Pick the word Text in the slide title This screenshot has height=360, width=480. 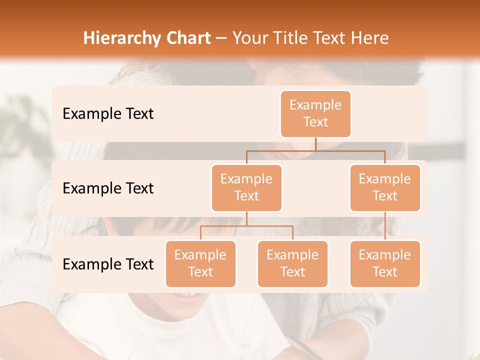coord(330,38)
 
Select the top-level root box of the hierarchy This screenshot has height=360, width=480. coord(315,113)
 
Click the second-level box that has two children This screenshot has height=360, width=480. coord(246,187)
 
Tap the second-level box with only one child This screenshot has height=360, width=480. coord(385,187)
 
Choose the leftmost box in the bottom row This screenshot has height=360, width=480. coord(200,263)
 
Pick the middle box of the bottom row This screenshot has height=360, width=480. coord(292,263)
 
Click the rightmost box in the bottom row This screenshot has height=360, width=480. coord(385,263)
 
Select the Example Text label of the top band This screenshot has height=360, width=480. coord(108,113)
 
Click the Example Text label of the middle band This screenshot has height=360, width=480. coord(108,188)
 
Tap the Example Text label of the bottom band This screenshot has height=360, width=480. coord(108,264)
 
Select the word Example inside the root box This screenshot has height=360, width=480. coord(315,105)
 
